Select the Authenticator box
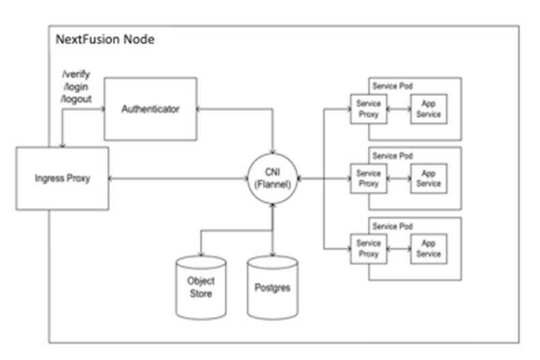150,108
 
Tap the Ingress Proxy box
62,179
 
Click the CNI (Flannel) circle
272,179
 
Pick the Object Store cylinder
200,287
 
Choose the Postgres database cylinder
272,288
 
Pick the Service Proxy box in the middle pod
368,179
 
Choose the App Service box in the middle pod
429,179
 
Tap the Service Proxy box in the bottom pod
368,249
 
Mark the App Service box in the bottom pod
429,249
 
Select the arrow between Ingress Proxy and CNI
177,179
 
